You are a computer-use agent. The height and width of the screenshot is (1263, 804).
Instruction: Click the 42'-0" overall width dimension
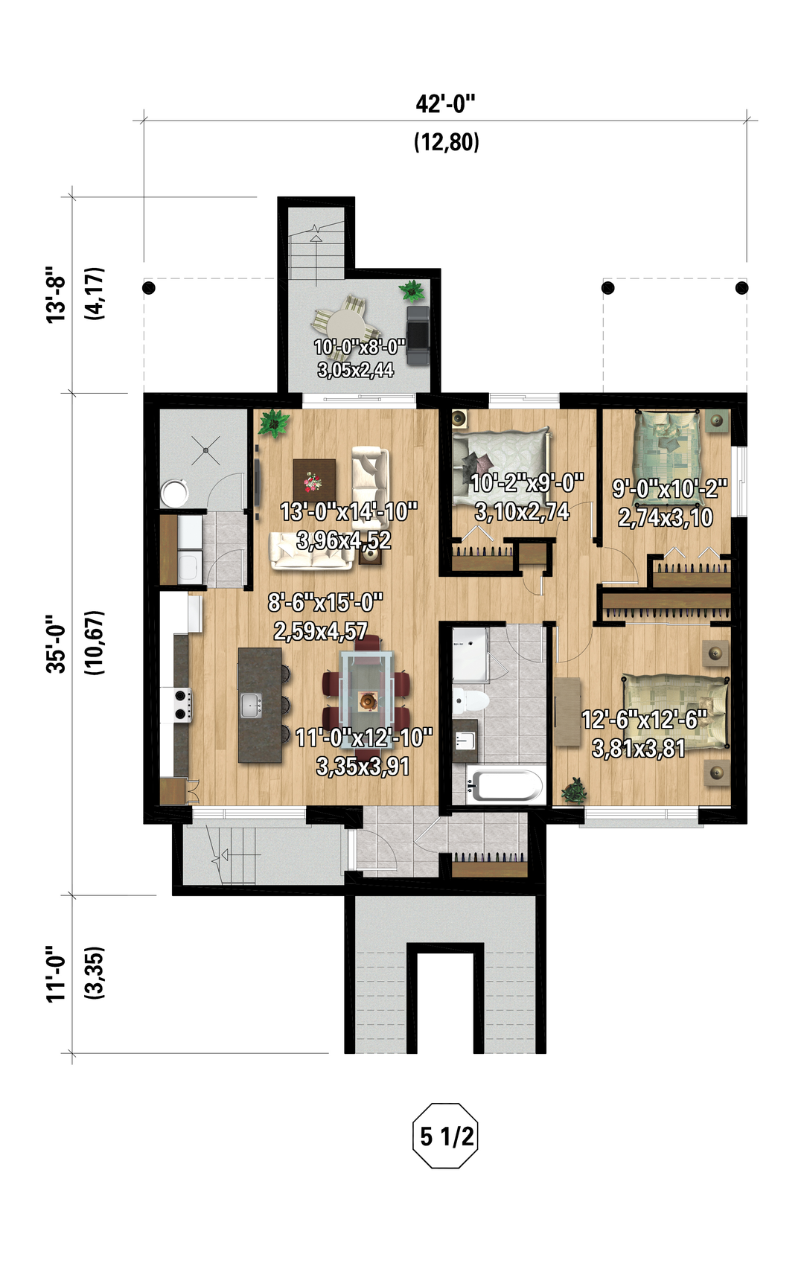click(x=445, y=104)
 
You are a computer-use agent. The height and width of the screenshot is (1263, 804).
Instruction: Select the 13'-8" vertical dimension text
click(x=57, y=294)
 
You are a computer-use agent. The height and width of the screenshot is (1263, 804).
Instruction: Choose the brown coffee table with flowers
click(x=315, y=480)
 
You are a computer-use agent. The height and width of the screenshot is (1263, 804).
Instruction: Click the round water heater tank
click(x=174, y=493)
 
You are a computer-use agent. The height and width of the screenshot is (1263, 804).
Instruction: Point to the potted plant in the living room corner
click(x=274, y=422)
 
